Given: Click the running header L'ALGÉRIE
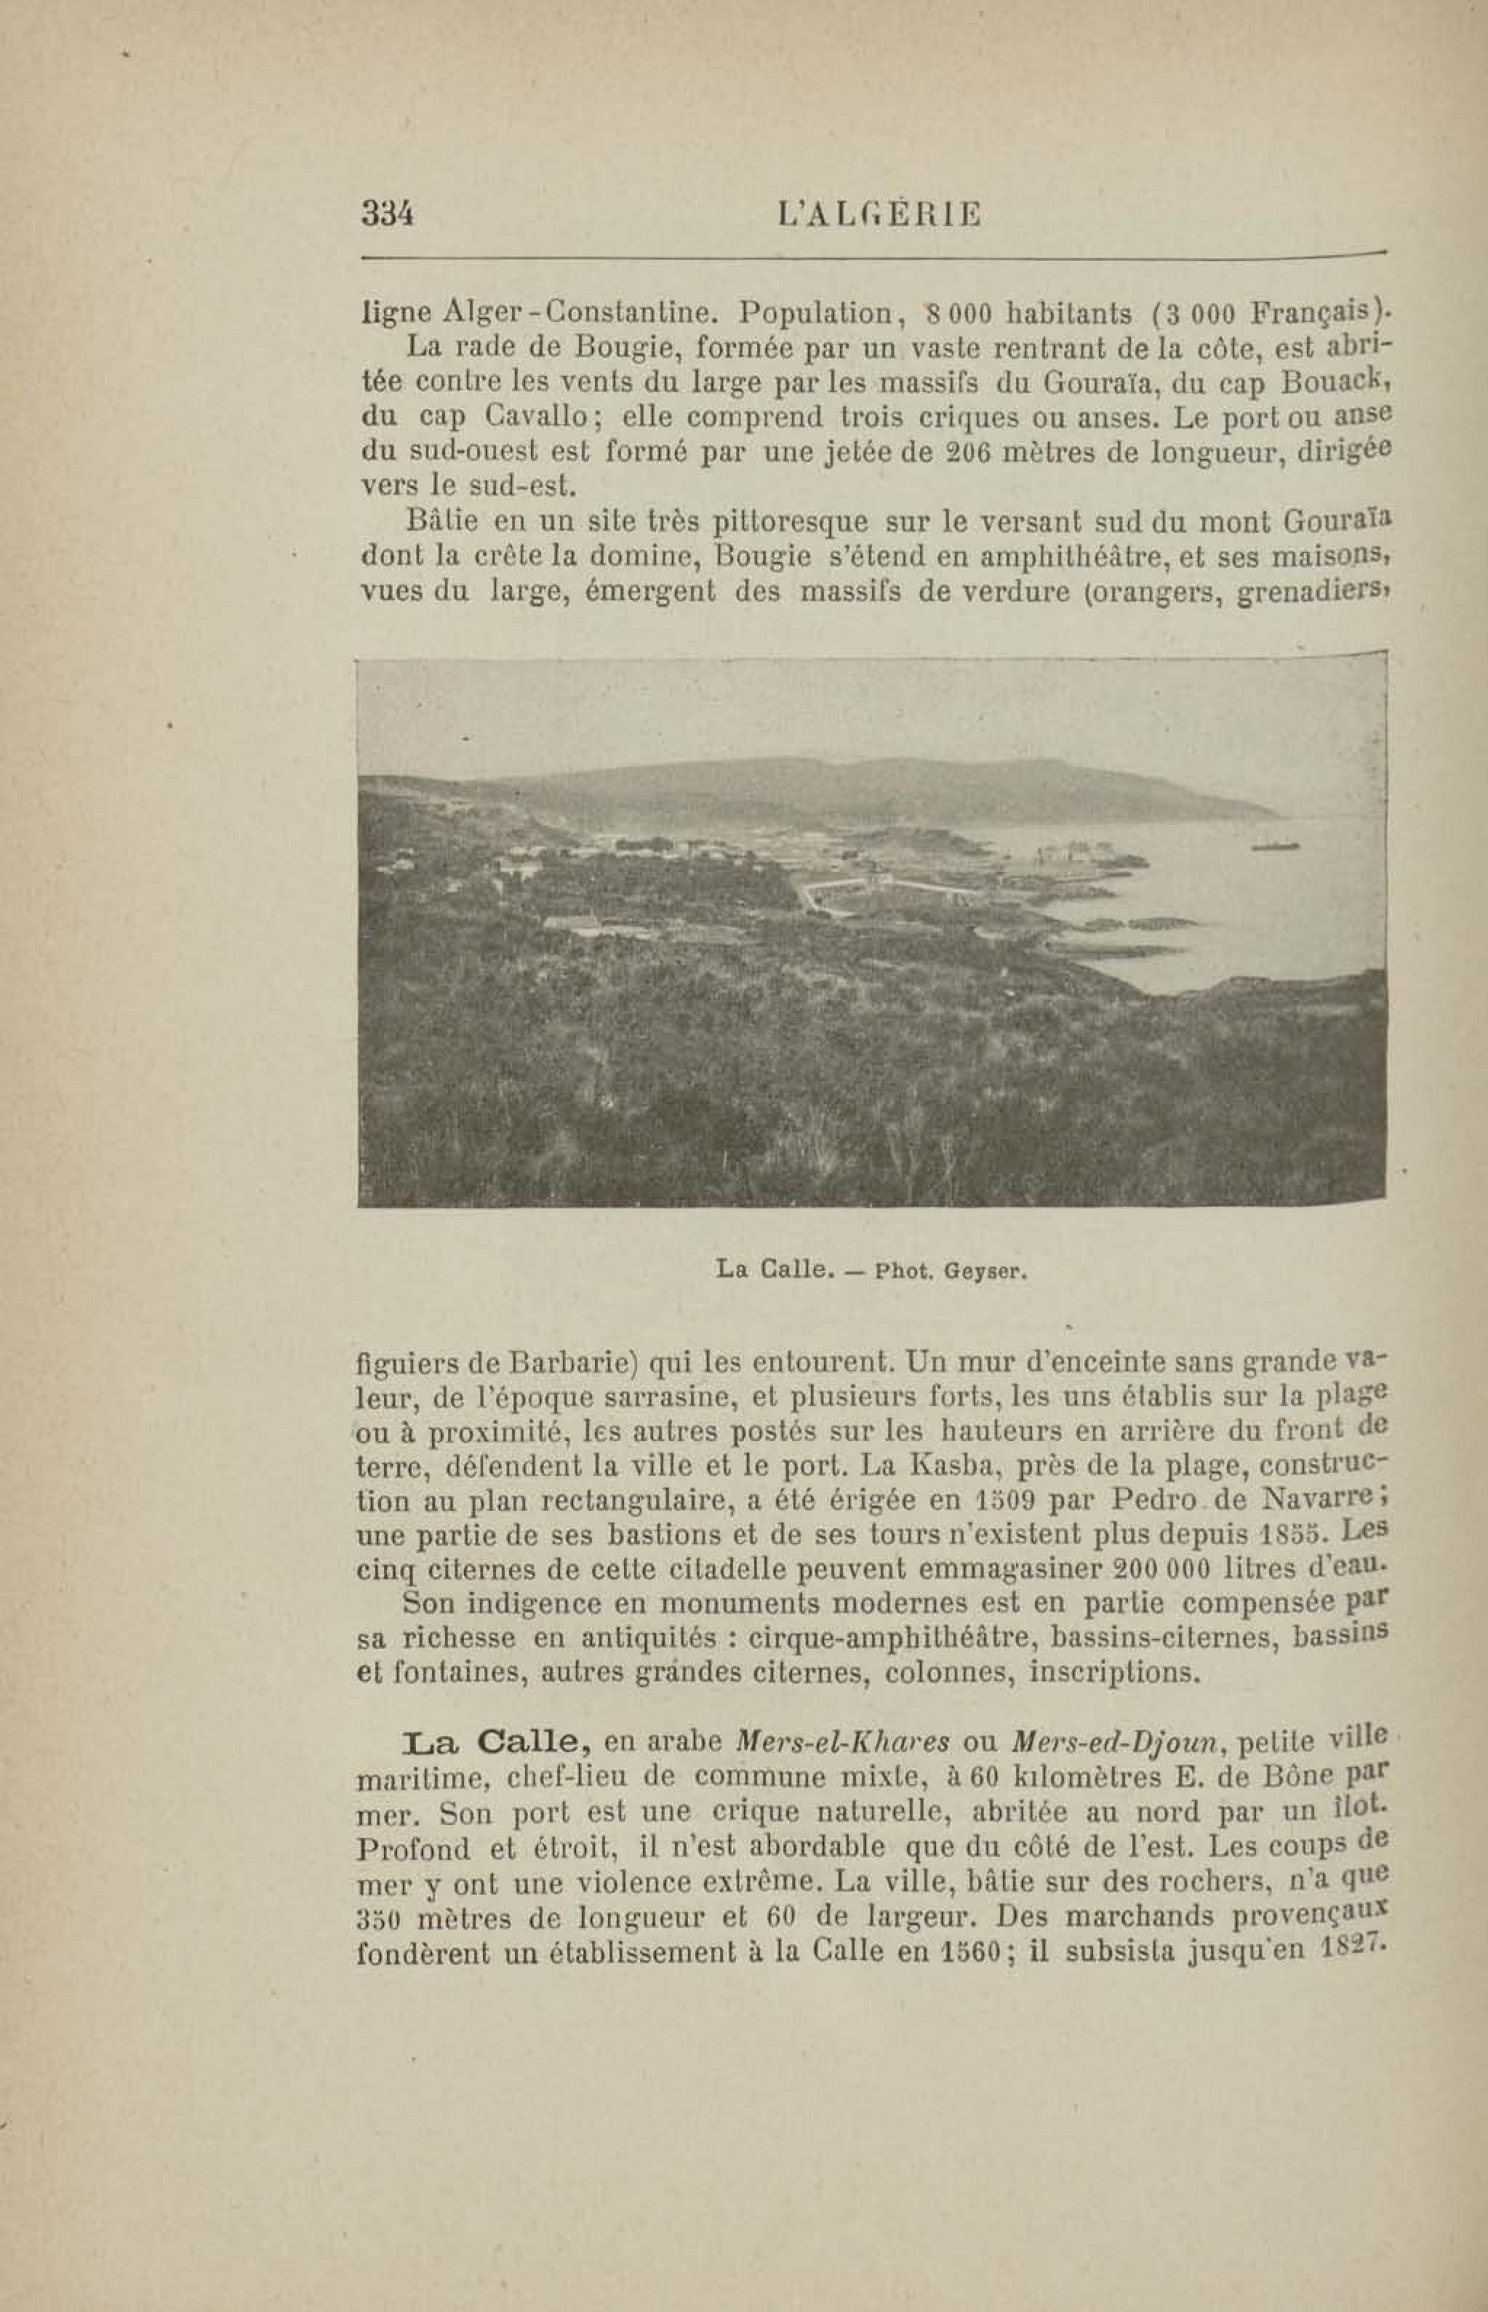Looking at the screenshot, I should [879, 214].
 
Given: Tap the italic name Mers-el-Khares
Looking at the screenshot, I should [843, 1742].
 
